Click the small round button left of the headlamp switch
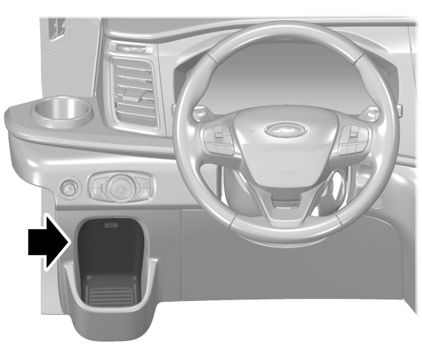coord(69,188)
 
